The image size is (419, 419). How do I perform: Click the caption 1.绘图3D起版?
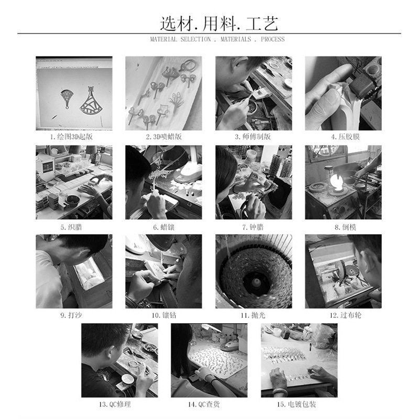pos(74,137)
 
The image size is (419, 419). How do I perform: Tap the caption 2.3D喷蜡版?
pos(163,137)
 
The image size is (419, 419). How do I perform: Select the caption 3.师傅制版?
pos(253,137)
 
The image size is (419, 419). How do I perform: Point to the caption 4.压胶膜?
pos(343,137)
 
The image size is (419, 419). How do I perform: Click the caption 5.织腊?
pos(74,227)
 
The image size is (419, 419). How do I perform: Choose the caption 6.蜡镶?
pos(163,227)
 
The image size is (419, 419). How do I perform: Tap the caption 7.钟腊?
pos(253,227)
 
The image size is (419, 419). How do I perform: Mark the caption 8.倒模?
pos(343,227)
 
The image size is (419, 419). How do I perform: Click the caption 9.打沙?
pos(74,315)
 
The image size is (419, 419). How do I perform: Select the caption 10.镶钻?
pos(163,315)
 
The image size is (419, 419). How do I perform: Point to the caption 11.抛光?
pos(253,315)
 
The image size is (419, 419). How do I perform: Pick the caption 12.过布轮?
pos(343,315)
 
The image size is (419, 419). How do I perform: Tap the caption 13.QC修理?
pos(119,404)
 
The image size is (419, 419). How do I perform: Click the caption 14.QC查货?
pos(208,404)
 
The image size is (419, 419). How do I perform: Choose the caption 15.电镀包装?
pos(299,404)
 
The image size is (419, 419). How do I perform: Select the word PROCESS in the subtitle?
pos(273,39)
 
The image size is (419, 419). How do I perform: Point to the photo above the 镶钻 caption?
pos(163,271)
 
